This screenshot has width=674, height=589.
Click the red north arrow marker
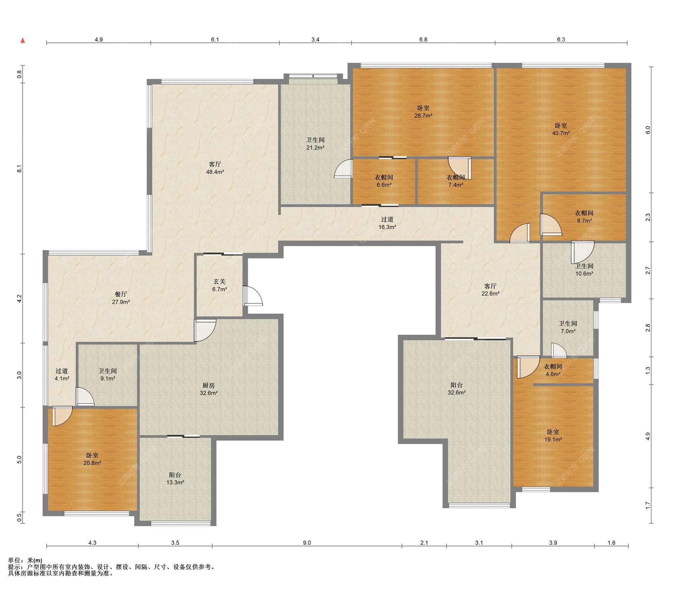click(x=23, y=40)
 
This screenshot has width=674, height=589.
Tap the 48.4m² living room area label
click(x=215, y=168)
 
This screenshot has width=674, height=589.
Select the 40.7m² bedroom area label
click(x=561, y=129)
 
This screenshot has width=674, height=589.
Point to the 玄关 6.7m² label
click(x=219, y=285)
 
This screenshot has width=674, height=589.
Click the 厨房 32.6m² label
click(x=209, y=389)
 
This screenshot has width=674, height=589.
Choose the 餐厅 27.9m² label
click(x=121, y=298)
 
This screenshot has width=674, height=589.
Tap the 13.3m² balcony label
click(x=175, y=479)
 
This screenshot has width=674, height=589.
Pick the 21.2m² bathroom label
click(x=315, y=144)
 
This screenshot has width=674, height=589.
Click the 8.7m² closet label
click(x=584, y=217)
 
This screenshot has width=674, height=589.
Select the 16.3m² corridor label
click(x=387, y=223)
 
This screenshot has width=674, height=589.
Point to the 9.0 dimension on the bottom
click(x=307, y=543)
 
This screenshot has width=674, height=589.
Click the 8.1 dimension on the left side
click(x=20, y=169)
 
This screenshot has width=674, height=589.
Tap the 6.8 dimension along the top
click(x=423, y=40)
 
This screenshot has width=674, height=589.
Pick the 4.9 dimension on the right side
click(x=648, y=436)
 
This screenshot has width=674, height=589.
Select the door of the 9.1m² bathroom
click(x=85, y=397)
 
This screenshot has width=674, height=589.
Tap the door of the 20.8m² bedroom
click(x=62, y=416)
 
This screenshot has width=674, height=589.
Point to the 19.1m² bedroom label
click(x=553, y=436)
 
